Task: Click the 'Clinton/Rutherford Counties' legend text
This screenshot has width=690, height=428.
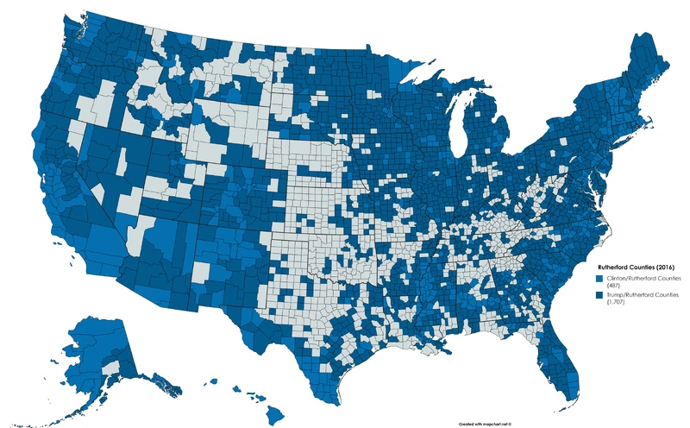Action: [x=643, y=280]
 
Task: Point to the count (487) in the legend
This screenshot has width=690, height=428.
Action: [x=613, y=286]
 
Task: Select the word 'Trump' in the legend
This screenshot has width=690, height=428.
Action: [x=616, y=295]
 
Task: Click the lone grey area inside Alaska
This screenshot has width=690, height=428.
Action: [x=110, y=368]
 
